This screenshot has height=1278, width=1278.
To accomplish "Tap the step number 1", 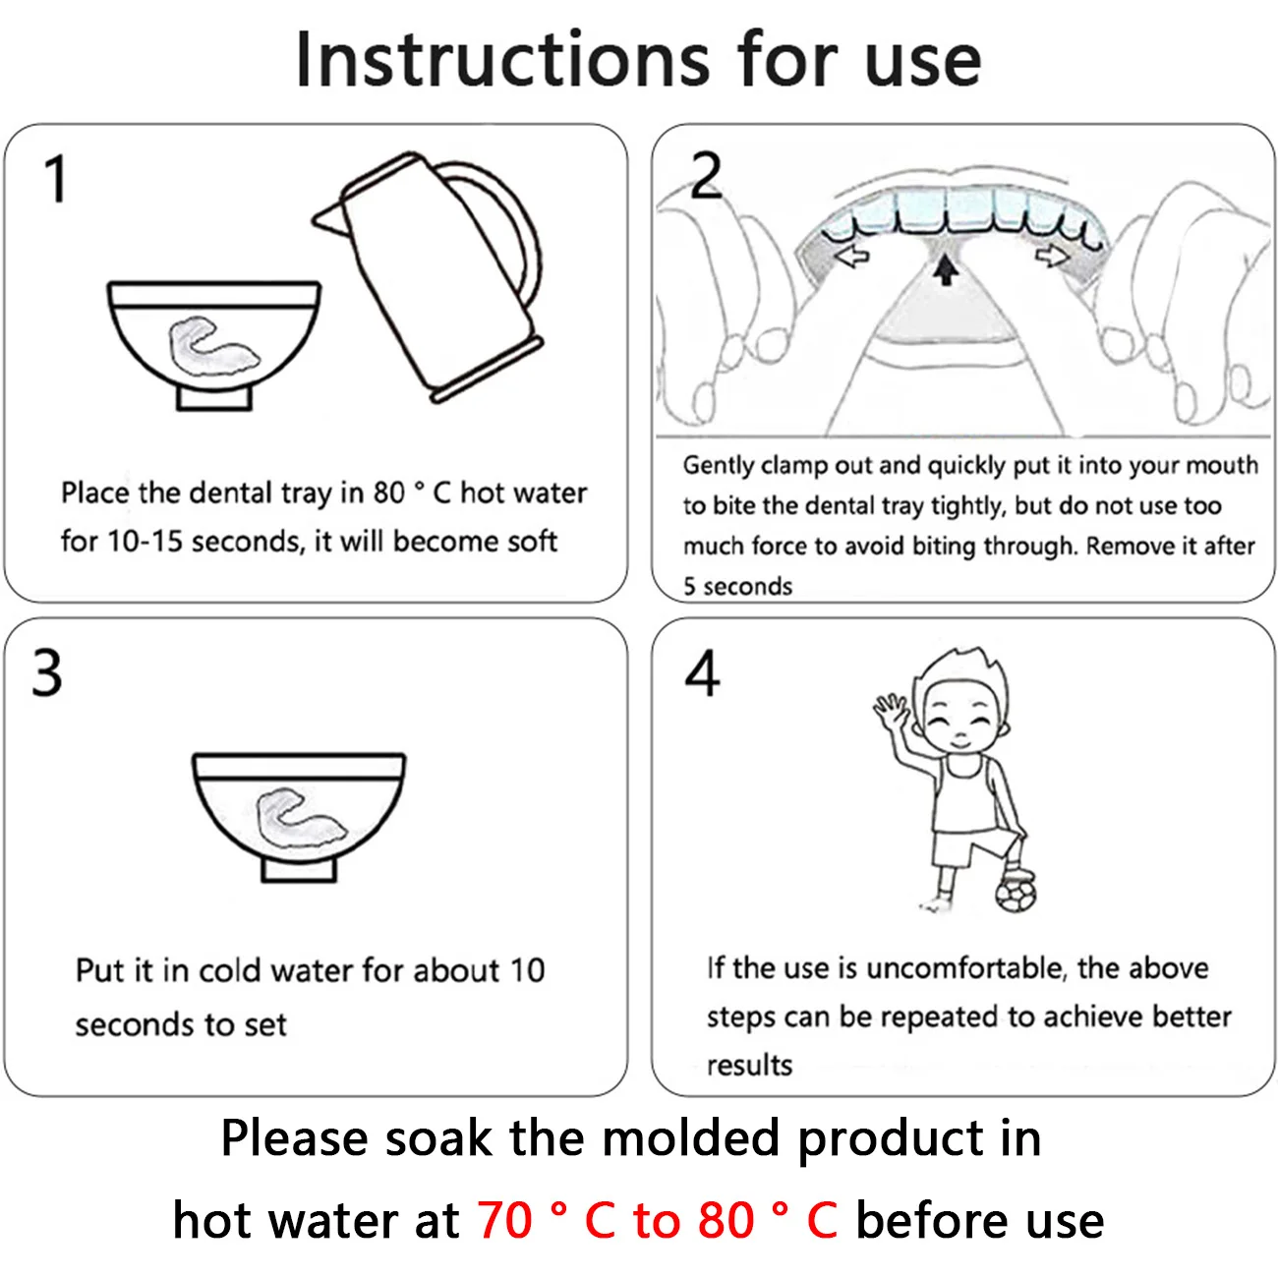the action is click(56, 178).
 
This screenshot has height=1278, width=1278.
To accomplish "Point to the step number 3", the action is click(46, 672).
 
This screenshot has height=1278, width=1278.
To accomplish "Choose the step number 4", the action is click(702, 672).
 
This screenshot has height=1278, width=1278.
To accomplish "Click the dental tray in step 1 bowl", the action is click(213, 346).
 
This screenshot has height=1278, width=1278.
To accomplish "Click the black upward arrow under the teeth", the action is click(946, 270).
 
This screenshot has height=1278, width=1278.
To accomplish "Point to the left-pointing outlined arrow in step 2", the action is click(852, 256).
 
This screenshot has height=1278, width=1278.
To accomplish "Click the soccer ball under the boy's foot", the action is click(1016, 894).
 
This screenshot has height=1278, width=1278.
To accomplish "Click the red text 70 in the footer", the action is click(504, 1219).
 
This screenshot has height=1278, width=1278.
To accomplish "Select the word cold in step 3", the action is click(229, 971).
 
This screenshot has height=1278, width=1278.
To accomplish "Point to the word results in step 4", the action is click(749, 1065).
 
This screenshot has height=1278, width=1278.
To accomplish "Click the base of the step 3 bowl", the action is click(299, 870).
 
